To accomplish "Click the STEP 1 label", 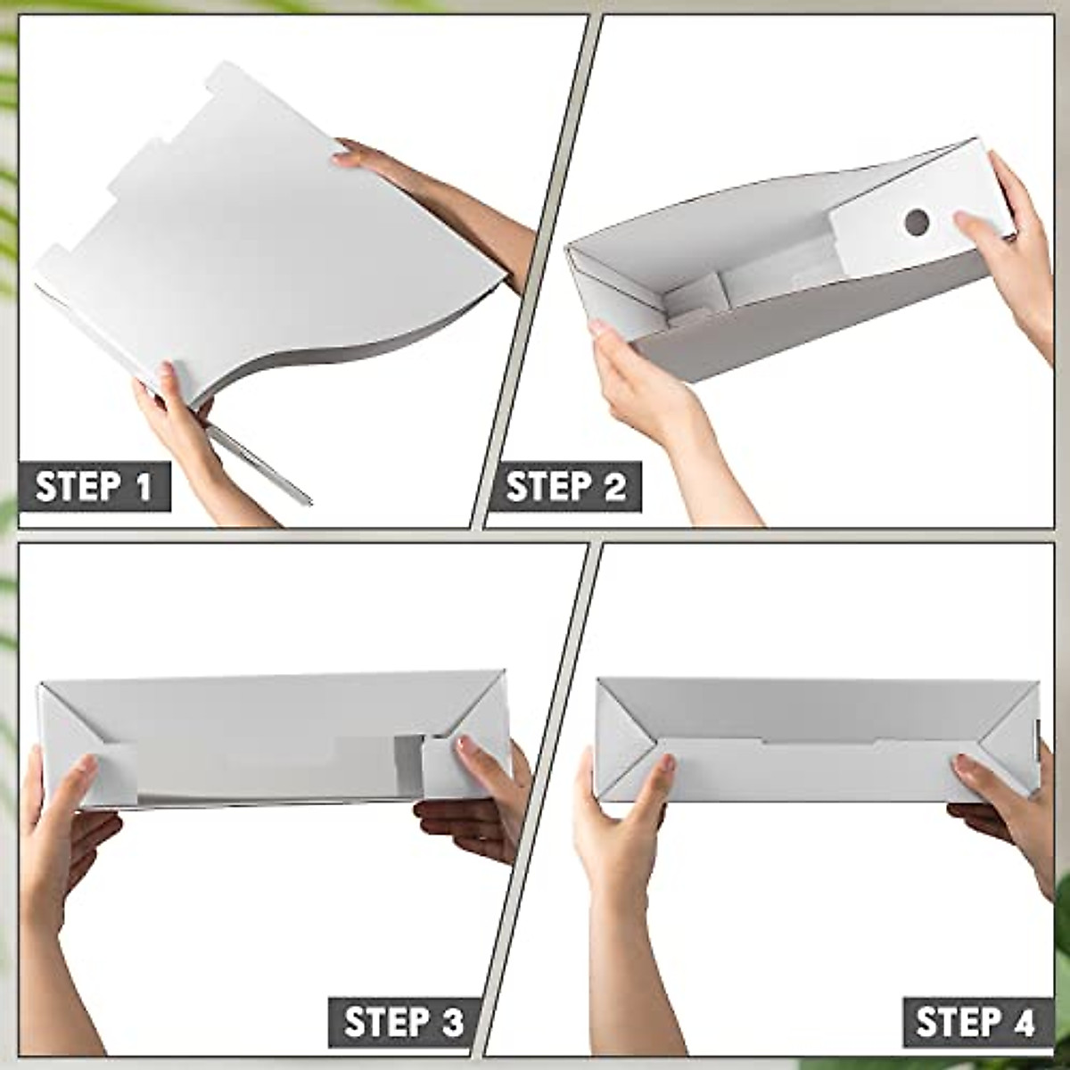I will point(94,487).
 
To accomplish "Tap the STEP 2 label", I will point(565,487).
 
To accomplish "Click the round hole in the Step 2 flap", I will point(917,223).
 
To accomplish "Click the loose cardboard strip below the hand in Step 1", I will point(259,464).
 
